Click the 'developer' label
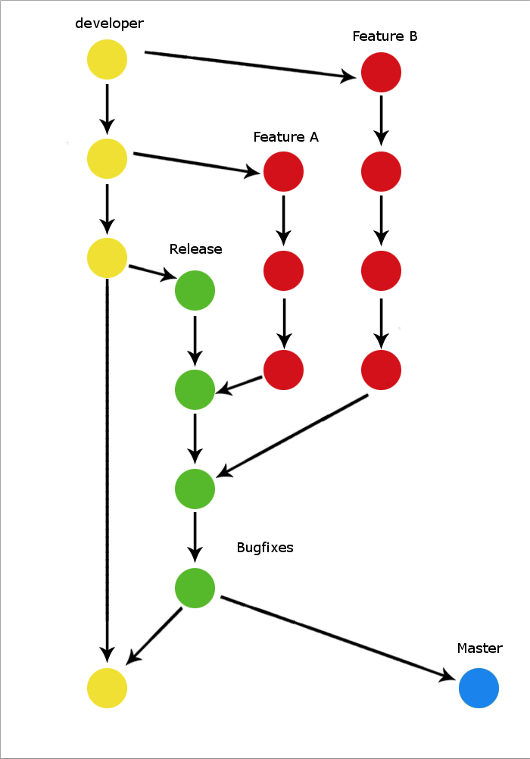coord(109,23)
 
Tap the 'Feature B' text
coord(385,36)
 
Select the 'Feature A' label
coord(285,137)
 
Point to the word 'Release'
coord(195,249)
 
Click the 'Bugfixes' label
coord(265,547)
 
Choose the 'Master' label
coord(479,648)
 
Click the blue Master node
coord(479,689)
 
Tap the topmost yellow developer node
coord(107,60)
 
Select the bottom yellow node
coord(107,689)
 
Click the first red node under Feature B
coord(381,73)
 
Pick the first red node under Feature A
coord(283,172)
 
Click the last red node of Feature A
coord(283,370)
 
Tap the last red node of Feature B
coord(381,370)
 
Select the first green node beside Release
coord(195,291)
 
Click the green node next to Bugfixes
coord(195,588)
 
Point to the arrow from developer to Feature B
coord(250,64)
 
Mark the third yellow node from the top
coord(107,258)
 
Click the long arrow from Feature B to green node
coord(291,436)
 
